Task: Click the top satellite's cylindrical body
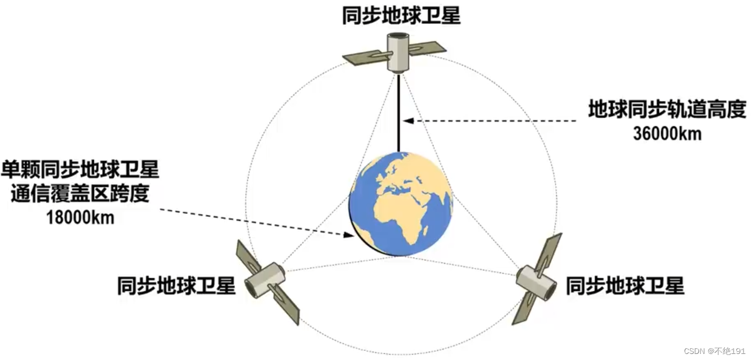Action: pyautogui.click(x=398, y=52)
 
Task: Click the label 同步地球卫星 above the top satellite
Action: pyautogui.click(x=400, y=16)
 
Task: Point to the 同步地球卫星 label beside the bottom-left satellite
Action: pyautogui.click(x=176, y=286)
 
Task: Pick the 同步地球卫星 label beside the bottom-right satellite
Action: pyautogui.click(x=625, y=286)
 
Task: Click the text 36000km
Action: pyautogui.click(x=667, y=134)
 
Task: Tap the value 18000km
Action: pyautogui.click(x=81, y=217)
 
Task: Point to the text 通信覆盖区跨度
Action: pyautogui.click(x=80, y=194)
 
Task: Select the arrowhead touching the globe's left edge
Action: pyautogui.click(x=348, y=234)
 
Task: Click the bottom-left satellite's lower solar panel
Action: pyautogui.click(x=287, y=306)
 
